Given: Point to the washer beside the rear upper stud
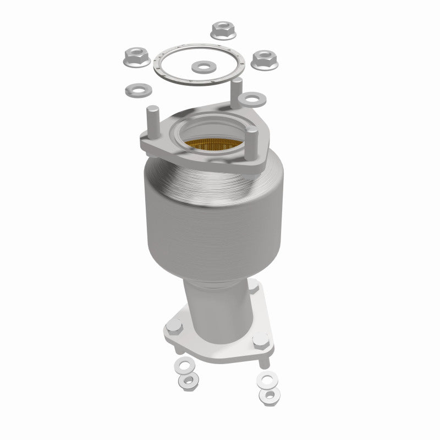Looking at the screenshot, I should point(253,99).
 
